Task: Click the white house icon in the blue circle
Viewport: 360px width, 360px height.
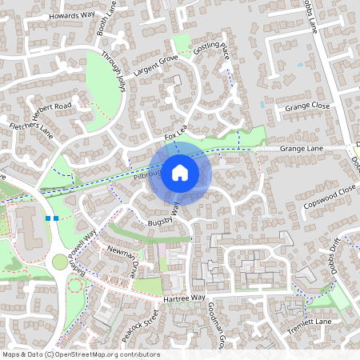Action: click(180, 171)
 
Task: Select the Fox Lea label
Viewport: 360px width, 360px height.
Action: click(175, 138)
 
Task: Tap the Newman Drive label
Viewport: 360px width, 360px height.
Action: click(122, 262)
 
